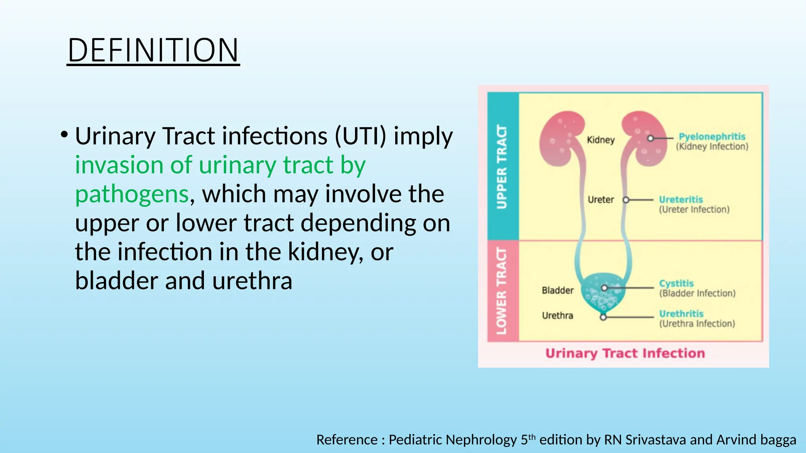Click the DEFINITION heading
(153, 50)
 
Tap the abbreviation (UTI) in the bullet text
(360, 136)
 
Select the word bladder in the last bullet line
(116, 281)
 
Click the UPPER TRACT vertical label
(502, 166)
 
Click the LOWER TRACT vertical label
(502, 291)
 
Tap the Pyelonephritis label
(712, 136)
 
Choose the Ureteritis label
(681, 199)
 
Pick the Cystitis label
(676, 283)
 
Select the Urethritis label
(681, 313)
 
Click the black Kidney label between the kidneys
(601, 140)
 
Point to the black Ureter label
(601, 199)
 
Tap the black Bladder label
(558, 290)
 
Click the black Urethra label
(557, 315)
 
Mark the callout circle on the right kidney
(651, 138)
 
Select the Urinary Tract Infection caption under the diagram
(625, 353)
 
